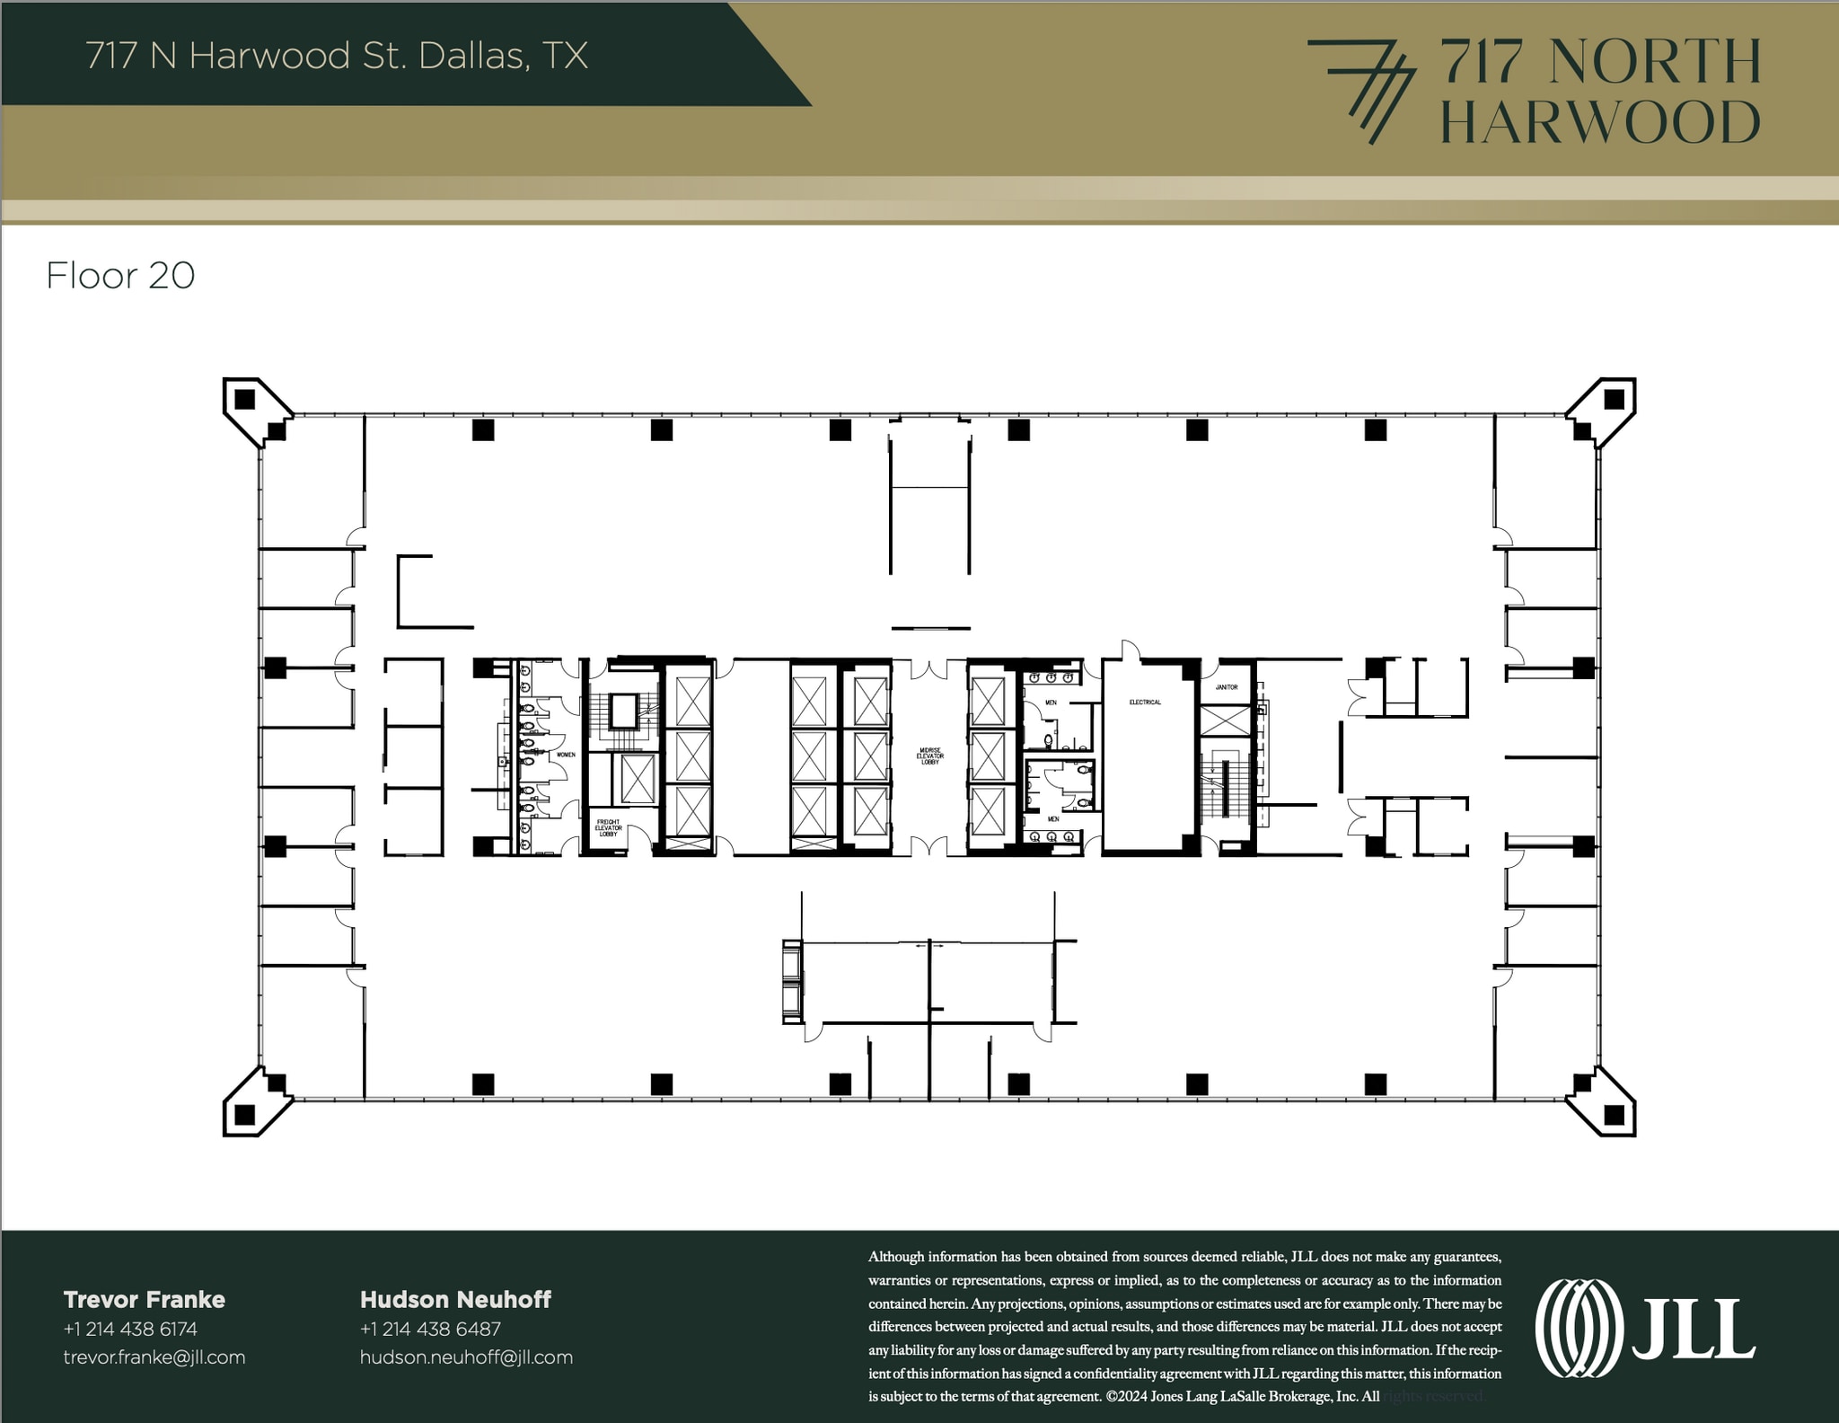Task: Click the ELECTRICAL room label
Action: [x=1145, y=702]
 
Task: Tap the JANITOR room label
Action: [x=1227, y=687]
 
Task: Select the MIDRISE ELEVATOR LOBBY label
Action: [x=929, y=756]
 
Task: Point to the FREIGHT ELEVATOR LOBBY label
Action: [x=608, y=827]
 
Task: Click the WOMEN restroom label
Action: [x=566, y=755]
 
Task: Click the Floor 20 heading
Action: [x=120, y=276]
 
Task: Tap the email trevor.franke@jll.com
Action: [x=154, y=1357]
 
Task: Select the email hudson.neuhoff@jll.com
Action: [x=466, y=1357]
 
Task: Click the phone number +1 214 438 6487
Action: [x=430, y=1328]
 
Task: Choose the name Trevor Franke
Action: [x=144, y=1299]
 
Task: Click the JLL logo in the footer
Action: [x=1645, y=1328]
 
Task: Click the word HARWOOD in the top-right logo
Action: [x=1600, y=123]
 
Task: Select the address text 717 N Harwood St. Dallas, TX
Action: [x=337, y=56]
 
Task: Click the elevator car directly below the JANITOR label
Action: [x=1224, y=720]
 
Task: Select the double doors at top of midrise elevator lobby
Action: [x=929, y=669]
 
